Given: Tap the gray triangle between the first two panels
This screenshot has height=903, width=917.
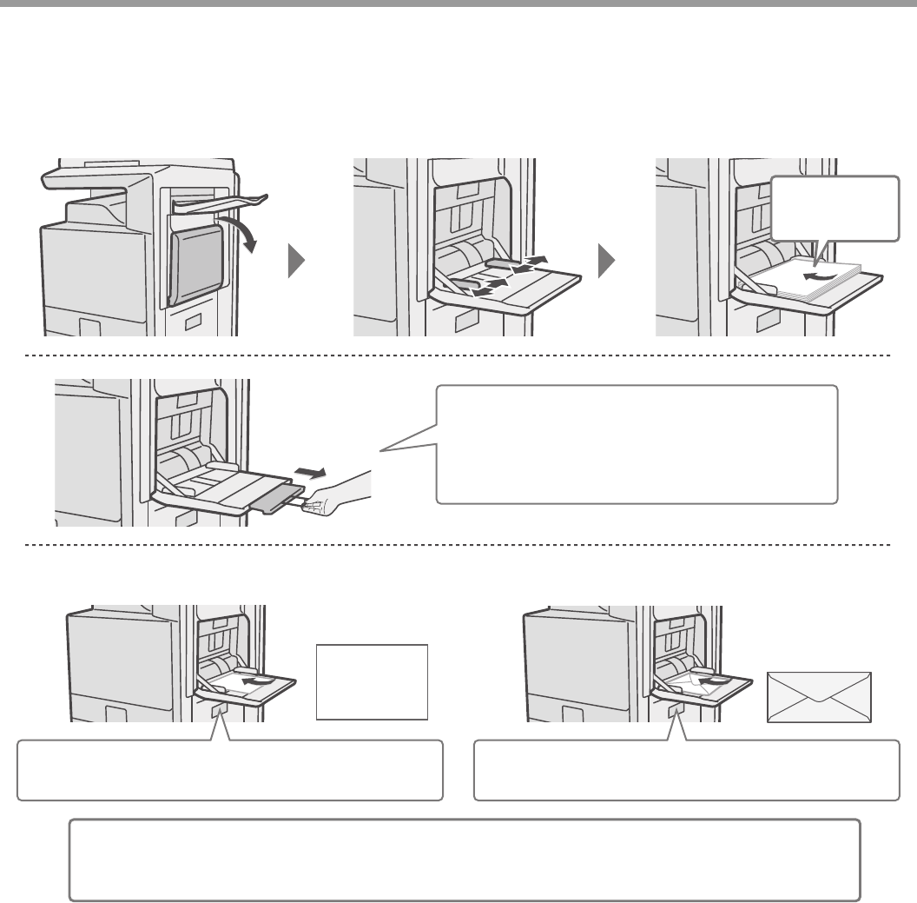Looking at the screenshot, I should point(296,260).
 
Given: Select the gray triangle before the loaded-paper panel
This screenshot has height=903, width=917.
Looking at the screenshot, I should point(608,260).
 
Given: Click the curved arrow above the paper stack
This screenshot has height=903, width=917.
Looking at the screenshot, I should point(821,276).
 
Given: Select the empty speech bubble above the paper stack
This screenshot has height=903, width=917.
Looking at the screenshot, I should point(834,209).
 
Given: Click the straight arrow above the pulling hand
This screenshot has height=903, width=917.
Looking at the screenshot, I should point(311,473).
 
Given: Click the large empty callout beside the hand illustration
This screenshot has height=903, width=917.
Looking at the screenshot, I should point(637,444).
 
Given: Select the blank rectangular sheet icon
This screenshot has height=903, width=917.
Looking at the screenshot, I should point(372,681).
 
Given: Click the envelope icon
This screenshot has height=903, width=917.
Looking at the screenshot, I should point(819,695).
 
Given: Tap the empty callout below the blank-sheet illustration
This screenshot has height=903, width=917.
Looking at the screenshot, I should point(230,770).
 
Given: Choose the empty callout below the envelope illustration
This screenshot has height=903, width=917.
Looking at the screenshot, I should point(686,770).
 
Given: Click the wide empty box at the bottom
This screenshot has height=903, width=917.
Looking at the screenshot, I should point(465,859).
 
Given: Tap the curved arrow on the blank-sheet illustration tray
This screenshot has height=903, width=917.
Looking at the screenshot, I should point(254,683).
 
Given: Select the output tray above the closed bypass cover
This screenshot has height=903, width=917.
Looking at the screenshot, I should point(219,203).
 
